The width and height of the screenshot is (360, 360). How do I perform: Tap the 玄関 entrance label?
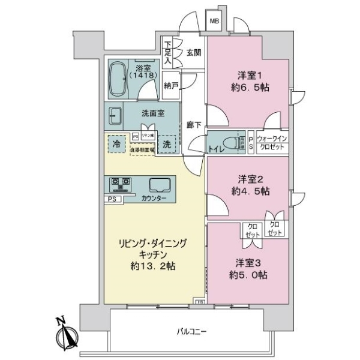(x=193, y=52)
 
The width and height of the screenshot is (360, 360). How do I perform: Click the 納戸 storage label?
(x=171, y=85)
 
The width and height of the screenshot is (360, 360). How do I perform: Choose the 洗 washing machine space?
(x=168, y=144)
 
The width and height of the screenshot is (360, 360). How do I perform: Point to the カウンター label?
(x=154, y=199)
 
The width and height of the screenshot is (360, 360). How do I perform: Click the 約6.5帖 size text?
(x=248, y=86)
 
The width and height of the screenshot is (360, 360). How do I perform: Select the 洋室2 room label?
(x=248, y=179)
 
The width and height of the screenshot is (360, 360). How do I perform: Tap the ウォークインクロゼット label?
(x=273, y=143)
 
